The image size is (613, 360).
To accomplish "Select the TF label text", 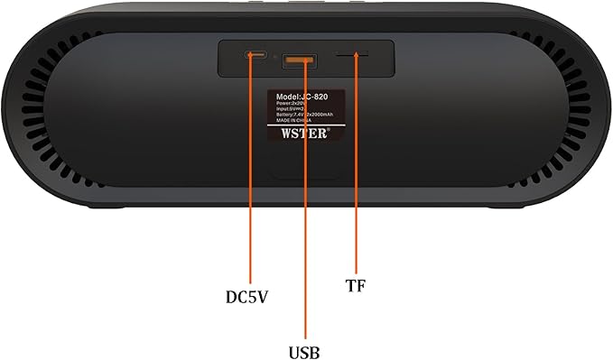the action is tap(356, 285).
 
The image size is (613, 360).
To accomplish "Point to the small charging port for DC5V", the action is tap(255, 56).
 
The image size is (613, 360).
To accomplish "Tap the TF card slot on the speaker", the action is tap(352, 55).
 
